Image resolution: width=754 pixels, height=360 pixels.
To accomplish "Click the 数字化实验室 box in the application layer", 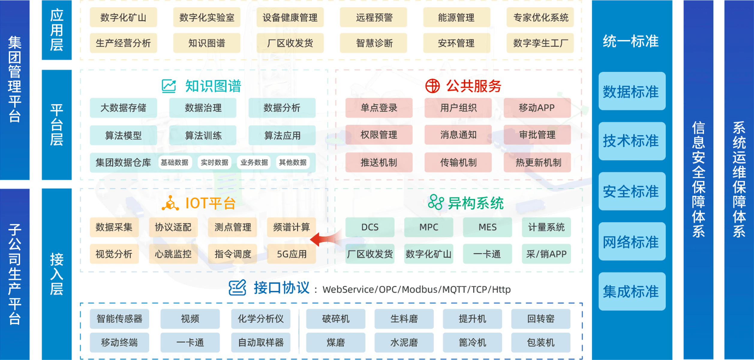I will (x=207, y=17).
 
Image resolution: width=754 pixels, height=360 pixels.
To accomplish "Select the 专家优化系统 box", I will (x=540, y=17).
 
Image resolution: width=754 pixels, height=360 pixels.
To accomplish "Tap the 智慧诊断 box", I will (x=374, y=43).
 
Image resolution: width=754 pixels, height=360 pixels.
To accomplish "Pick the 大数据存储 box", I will (x=123, y=108).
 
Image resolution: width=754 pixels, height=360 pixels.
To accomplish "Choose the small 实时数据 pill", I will (x=214, y=162).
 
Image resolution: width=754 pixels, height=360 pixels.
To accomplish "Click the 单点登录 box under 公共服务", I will (x=379, y=108).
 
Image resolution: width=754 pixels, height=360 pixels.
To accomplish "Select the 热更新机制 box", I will (x=537, y=163).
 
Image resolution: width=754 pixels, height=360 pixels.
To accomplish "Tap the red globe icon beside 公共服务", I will (x=432, y=86).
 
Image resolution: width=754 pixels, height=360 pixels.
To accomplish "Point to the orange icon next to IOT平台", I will (x=170, y=203).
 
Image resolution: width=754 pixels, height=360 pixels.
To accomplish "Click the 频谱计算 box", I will (x=291, y=227).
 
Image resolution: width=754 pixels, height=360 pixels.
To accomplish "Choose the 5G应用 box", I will (x=291, y=254).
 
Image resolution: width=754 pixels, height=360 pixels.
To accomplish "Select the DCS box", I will (x=370, y=227).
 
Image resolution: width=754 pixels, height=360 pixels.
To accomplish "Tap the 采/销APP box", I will (x=546, y=254).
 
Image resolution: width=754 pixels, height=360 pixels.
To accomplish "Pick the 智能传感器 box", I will (x=119, y=319).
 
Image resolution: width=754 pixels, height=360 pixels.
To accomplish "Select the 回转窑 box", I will (x=540, y=319).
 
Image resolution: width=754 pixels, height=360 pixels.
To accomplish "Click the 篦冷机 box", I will (x=472, y=342).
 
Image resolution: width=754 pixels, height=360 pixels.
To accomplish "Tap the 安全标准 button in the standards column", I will (x=632, y=191).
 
